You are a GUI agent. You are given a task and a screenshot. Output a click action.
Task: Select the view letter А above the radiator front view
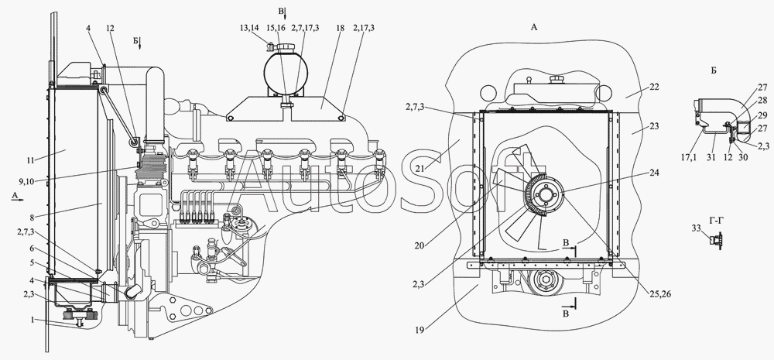point(533,26)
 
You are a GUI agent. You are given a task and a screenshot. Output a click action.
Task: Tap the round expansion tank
point(283,70)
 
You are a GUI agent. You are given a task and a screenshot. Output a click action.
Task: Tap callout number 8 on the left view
point(30,196)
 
